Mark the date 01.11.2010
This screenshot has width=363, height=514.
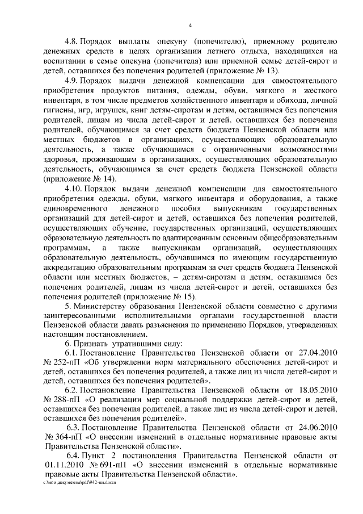coord(62,464)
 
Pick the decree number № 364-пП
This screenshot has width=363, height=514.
coord(63,437)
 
